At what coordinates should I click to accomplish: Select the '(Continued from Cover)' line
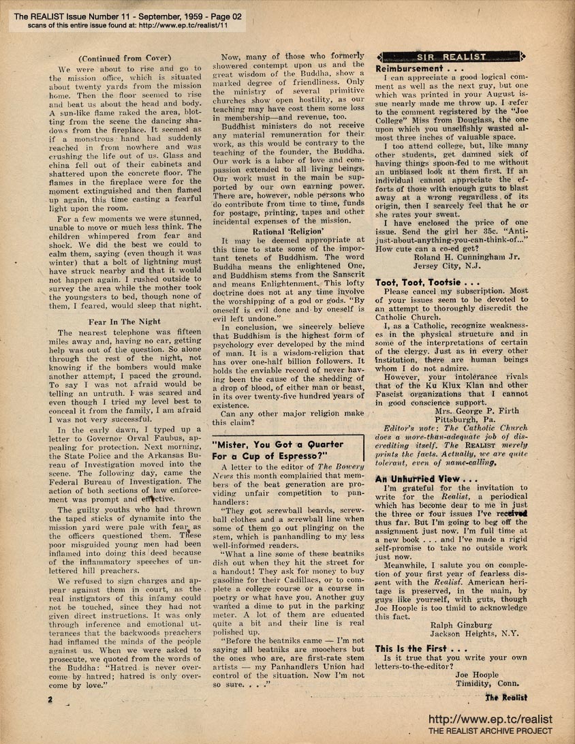124,59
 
